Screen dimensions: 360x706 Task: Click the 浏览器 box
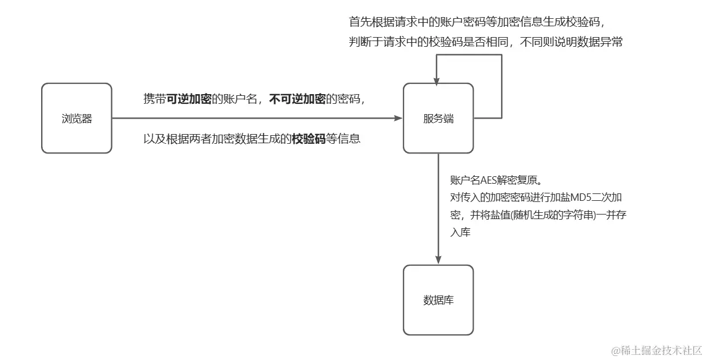pyautogui.click(x=77, y=119)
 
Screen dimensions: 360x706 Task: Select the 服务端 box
pyautogui.click(x=438, y=119)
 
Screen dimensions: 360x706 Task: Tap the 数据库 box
pyautogui.click(x=438, y=300)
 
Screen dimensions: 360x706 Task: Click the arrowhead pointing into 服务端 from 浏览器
pyautogui.click(x=398, y=119)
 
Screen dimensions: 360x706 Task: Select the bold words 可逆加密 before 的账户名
pyautogui.click(x=188, y=99)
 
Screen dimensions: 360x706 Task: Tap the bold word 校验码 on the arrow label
pyautogui.click(x=308, y=139)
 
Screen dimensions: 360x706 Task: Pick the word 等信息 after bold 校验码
pyautogui.click(x=343, y=139)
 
